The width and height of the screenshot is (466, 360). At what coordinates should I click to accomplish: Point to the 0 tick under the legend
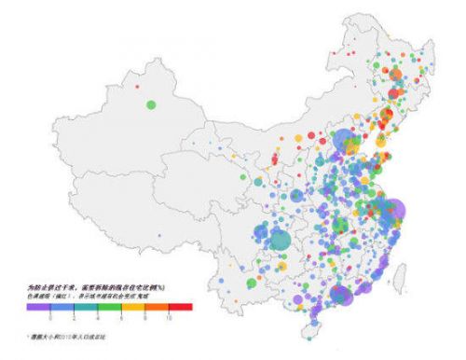[49, 317]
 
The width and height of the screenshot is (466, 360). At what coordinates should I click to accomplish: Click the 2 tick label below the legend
[74, 317]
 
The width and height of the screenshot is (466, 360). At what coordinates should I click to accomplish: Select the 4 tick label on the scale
[98, 317]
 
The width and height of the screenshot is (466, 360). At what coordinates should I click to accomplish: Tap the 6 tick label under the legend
[121, 317]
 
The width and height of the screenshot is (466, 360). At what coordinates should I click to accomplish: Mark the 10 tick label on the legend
[169, 317]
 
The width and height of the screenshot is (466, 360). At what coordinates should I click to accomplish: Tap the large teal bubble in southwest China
[281, 240]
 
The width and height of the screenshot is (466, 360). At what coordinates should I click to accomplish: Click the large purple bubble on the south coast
[341, 296]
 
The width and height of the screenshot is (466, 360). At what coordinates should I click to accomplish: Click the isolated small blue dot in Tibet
[159, 236]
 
